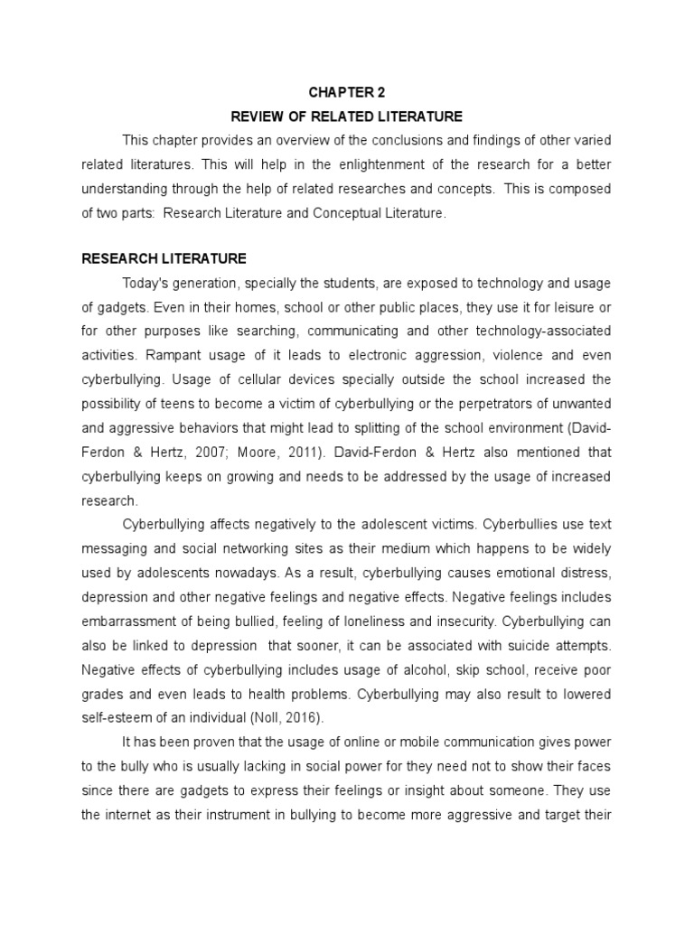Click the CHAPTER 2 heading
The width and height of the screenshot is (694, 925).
346,92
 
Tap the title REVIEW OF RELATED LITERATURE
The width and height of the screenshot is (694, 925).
347,117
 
